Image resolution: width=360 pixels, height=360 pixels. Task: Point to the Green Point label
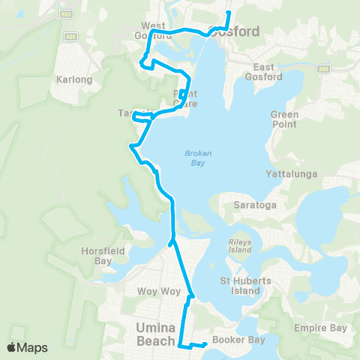[284, 119]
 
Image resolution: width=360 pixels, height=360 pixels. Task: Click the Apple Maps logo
[27, 347]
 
